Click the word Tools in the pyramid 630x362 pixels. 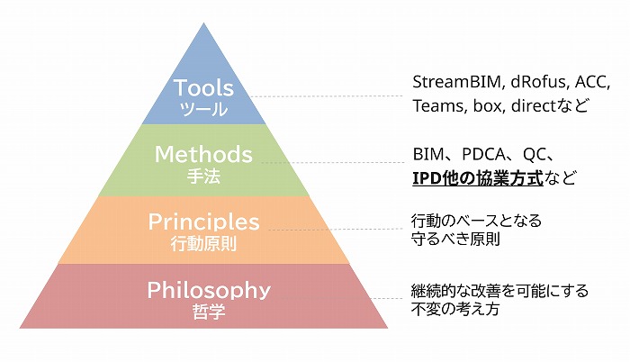tap(204, 88)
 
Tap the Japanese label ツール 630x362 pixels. tap(204, 110)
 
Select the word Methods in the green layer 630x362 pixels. tap(204, 154)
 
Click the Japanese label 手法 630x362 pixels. tap(204, 176)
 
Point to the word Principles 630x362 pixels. tap(203, 222)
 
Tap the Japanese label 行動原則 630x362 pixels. tap(203, 243)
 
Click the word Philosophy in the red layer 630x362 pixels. tap(209, 290)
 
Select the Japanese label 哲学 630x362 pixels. tap(209, 312)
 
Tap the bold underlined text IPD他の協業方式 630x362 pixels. tap(477, 177)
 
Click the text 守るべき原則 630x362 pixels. tap(455, 240)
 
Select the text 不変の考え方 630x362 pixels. tap(455, 309)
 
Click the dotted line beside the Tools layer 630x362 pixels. tap(324, 96)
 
